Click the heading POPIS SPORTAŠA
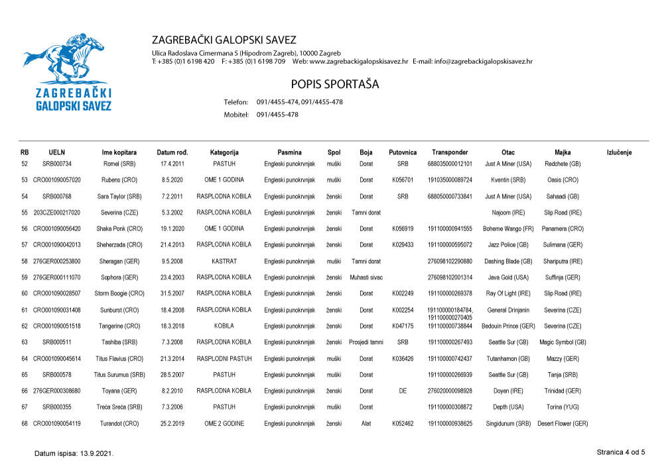[x=334, y=84]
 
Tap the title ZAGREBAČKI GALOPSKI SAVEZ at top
[x=224, y=40]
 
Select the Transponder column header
[x=450, y=152]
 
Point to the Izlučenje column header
[x=619, y=152]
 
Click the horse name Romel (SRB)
[x=119, y=164]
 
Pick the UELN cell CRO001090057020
[x=57, y=180]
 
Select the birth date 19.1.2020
[x=172, y=229]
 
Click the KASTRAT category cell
[x=224, y=261]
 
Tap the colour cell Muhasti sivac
[x=366, y=278]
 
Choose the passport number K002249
[x=403, y=293]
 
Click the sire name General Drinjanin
[x=508, y=310]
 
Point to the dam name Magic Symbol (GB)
[x=563, y=342]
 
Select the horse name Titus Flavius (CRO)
[x=119, y=358]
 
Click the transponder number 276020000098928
[x=450, y=391]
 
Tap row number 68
[x=25, y=423]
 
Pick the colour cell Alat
[x=366, y=423]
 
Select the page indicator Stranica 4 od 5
[x=620, y=452]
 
